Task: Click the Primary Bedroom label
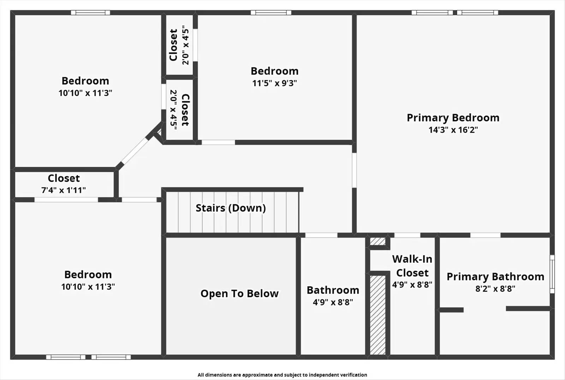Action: [x=453, y=118]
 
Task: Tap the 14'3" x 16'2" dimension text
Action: [x=453, y=130]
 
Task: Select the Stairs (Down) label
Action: [x=231, y=208]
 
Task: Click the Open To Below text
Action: [x=239, y=294]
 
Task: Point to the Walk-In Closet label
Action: [x=412, y=266]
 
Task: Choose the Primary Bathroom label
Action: [x=495, y=277]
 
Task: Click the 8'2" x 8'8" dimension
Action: [x=495, y=289]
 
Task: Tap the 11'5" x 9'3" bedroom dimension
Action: [x=274, y=83]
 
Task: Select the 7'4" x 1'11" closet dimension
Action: [x=64, y=190]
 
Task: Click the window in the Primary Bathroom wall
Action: [x=552, y=274]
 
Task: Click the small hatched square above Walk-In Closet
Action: [x=377, y=241]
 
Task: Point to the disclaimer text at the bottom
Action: [x=282, y=375]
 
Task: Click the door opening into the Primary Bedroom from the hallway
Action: [x=354, y=170]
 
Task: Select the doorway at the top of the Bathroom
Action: [x=321, y=235]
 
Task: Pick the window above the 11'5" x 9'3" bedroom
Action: [x=271, y=13]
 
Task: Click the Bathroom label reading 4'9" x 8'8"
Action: [x=333, y=290]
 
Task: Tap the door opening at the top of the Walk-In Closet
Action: [x=407, y=235]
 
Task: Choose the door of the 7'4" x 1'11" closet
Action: [x=66, y=200]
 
